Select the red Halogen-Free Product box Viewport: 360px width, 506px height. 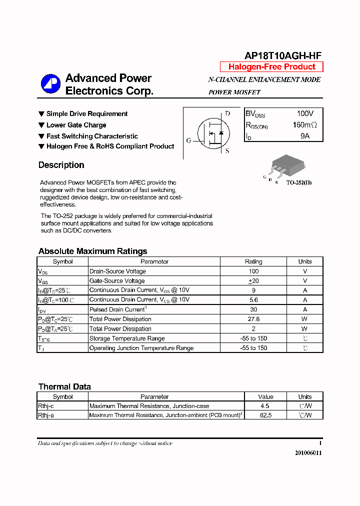(271, 67)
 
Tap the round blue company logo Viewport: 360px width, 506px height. (50, 83)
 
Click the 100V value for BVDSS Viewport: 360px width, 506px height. (305, 114)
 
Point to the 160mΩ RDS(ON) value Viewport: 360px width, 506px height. (304, 125)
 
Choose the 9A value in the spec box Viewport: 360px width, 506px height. (305, 136)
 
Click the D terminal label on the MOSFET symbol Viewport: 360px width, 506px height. (227, 113)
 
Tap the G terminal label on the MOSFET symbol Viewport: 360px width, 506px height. (188, 140)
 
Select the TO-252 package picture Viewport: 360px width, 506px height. (285, 164)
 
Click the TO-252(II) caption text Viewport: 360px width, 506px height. (298, 183)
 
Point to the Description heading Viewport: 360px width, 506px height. (61, 165)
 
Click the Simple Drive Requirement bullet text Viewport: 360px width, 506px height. (87, 114)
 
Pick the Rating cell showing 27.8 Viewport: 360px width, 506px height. (253, 319)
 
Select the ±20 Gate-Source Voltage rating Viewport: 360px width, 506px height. (253, 281)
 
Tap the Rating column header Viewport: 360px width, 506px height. (253, 261)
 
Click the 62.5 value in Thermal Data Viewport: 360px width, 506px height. (266, 415)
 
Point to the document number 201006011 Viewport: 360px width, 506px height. (308, 452)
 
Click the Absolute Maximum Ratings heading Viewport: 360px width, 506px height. (92, 251)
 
